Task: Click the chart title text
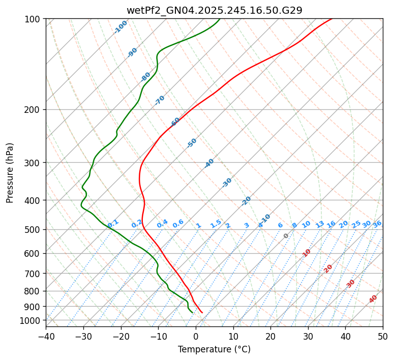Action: click(214, 10)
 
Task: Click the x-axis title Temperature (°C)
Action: click(214, 350)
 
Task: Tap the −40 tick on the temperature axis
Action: click(46, 336)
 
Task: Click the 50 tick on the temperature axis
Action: click(383, 336)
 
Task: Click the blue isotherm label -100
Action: click(121, 27)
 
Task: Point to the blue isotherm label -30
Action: click(227, 183)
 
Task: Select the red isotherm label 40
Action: click(373, 299)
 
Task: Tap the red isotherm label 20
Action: click(328, 268)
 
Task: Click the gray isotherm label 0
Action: click(286, 236)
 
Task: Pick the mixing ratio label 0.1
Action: click(113, 223)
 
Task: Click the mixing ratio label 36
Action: click(377, 224)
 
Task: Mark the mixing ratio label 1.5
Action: click(216, 223)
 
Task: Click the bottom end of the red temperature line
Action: click(202, 312)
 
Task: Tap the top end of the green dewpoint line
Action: click(220, 19)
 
